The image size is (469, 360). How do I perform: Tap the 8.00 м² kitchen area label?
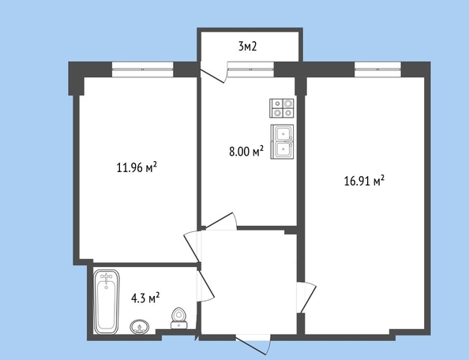246,152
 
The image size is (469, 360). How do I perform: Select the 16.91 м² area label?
364,181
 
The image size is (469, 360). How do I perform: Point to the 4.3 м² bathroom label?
145,298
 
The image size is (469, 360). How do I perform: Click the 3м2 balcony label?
248,46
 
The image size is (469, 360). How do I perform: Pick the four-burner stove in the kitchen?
283,108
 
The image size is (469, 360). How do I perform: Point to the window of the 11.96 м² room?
141,69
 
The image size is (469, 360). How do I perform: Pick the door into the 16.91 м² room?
306,297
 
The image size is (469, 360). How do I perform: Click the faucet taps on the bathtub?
106,278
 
